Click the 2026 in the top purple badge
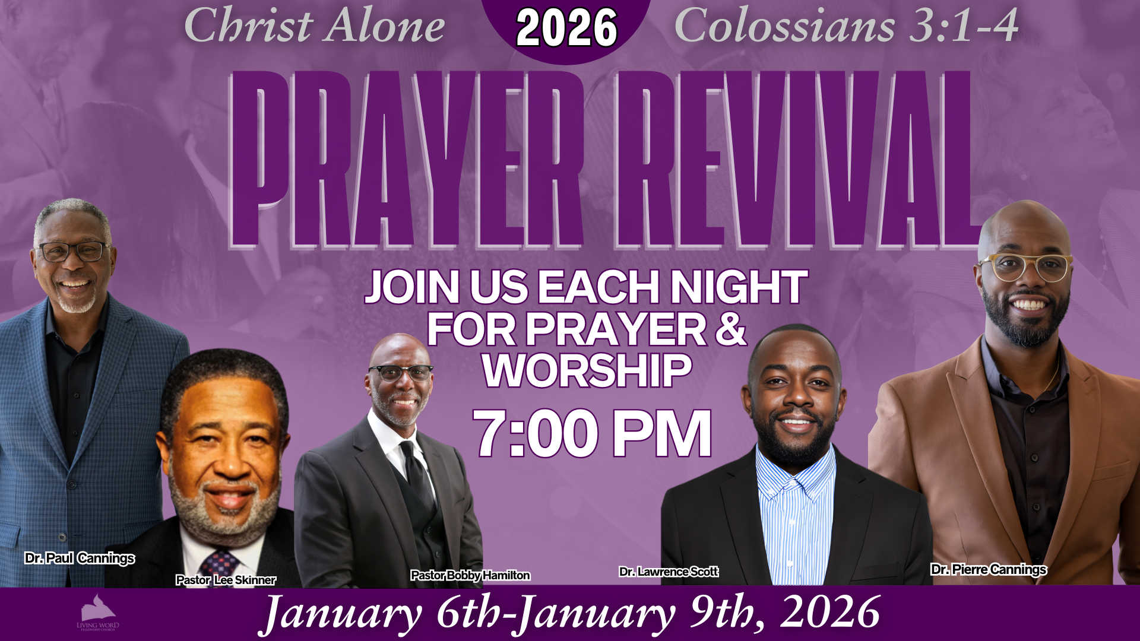pyautogui.click(x=567, y=28)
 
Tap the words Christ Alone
pyautogui.click(x=314, y=26)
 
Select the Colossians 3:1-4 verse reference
pyautogui.click(x=847, y=26)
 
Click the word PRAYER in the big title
pyautogui.click(x=407, y=159)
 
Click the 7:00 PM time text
pyautogui.click(x=592, y=433)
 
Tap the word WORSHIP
pyautogui.click(x=587, y=371)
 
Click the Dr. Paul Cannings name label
pyautogui.click(x=80, y=558)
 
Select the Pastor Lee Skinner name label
pyautogui.click(x=226, y=580)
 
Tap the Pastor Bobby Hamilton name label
pyautogui.click(x=470, y=575)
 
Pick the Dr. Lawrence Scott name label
pyautogui.click(x=669, y=572)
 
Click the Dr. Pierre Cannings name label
pyautogui.click(x=989, y=569)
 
